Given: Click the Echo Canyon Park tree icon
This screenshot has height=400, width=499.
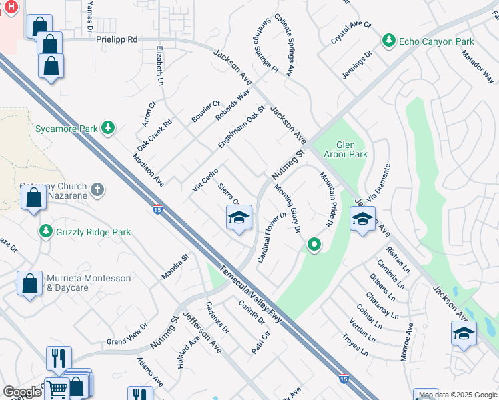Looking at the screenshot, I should (388, 41).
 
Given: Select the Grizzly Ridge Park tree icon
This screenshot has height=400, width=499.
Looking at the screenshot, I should (46, 232).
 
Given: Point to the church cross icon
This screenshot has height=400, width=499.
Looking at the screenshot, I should (97, 190).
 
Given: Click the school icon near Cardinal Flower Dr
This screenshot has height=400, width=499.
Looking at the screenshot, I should (239, 218).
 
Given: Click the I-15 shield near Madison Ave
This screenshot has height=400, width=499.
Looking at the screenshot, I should (157, 209).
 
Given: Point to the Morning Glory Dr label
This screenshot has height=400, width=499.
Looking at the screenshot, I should (288, 208).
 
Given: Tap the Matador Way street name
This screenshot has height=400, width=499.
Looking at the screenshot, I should (478, 64).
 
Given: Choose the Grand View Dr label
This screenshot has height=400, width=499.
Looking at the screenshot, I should (127, 336).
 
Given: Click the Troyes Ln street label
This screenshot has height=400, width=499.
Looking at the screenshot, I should (354, 344).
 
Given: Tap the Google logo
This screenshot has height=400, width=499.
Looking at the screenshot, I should (22, 392).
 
